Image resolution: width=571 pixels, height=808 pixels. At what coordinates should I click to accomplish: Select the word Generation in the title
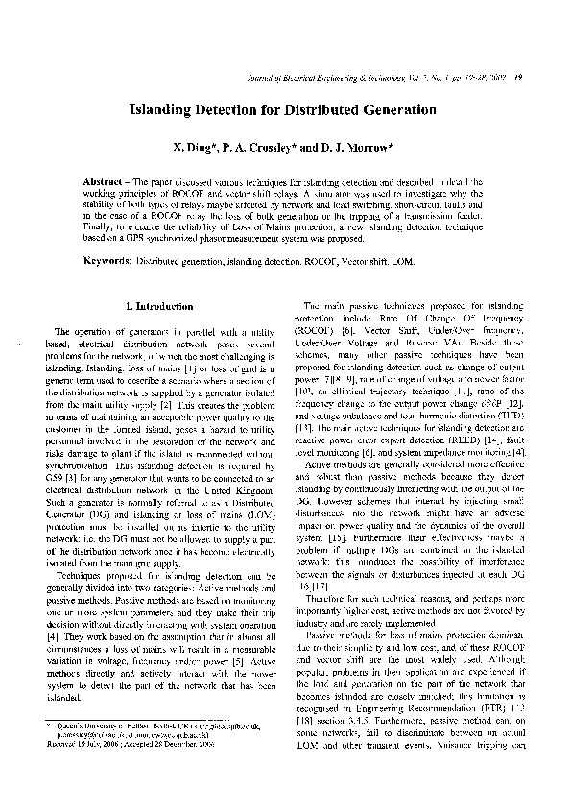pyautogui.click(x=395, y=110)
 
